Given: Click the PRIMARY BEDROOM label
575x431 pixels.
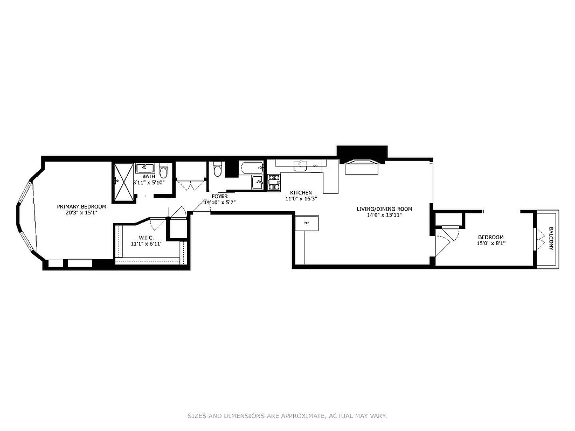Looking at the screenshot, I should [82, 206].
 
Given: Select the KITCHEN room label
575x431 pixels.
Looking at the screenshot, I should [301, 192].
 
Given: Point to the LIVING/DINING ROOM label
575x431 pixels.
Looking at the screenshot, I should [384, 208].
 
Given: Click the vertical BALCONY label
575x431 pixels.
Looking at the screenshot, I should [551, 239].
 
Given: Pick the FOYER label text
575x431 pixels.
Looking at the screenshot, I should [219, 196].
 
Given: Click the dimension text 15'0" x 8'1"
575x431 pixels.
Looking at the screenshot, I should [490, 244].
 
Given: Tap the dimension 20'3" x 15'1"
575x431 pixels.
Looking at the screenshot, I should [82, 212].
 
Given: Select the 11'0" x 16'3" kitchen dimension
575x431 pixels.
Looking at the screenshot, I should [301, 199].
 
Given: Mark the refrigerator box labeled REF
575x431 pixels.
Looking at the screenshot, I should [307, 223].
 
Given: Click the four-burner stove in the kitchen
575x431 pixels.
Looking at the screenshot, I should [274, 183].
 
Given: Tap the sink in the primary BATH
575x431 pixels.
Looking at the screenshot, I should [146, 168].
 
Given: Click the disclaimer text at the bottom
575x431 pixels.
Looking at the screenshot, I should [287, 416].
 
